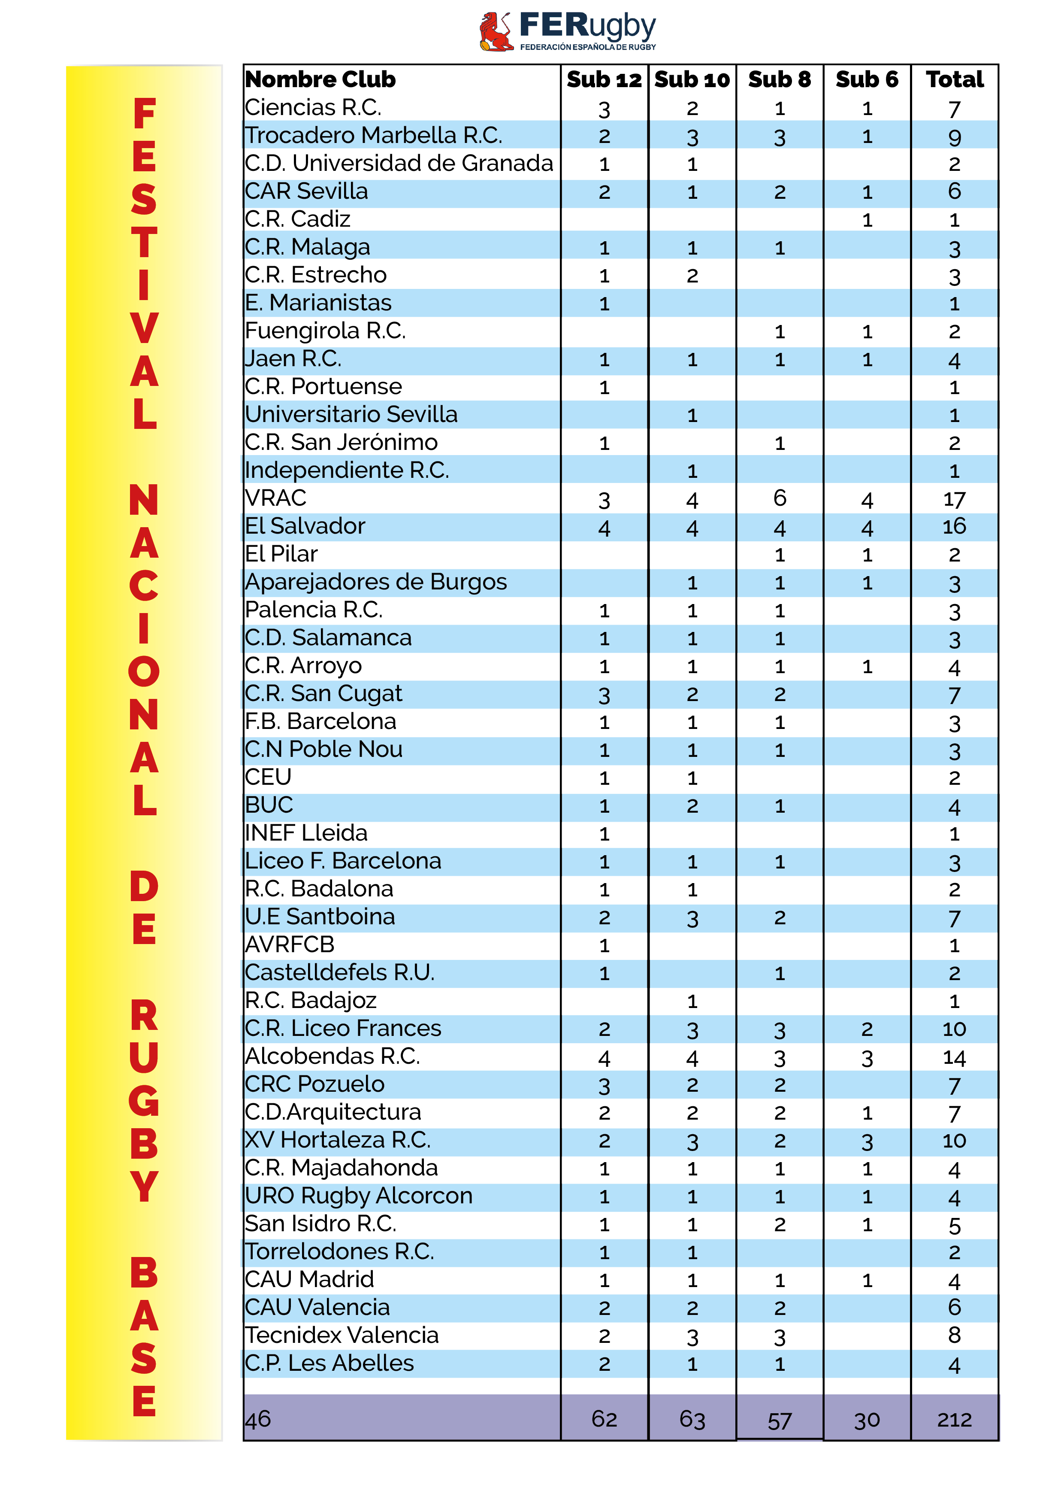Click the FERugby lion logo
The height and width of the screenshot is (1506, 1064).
point(496,31)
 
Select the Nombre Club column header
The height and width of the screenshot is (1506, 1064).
point(320,79)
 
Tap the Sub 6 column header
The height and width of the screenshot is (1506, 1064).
point(866,79)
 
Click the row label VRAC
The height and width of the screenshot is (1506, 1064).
point(275,498)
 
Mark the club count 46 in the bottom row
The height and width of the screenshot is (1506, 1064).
point(258,1419)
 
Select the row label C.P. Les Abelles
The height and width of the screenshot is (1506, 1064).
point(329,1363)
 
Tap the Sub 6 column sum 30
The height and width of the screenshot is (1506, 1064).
point(866,1421)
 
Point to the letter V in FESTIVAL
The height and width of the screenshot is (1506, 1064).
point(144,328)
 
